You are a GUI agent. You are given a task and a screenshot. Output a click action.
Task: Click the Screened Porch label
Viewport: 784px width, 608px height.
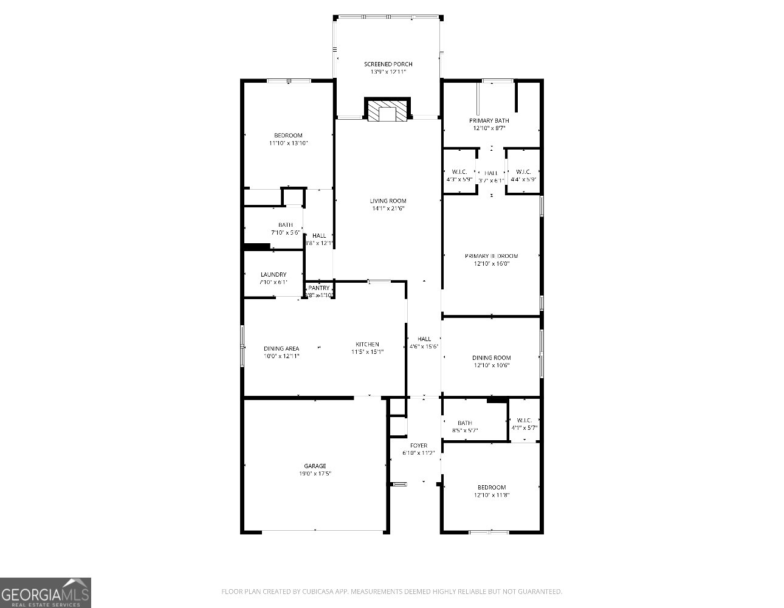(388, 64)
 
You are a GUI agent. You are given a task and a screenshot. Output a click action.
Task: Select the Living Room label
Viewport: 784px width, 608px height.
(388, 201)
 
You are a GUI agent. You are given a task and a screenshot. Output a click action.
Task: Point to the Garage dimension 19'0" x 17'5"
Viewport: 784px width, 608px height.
(315, 474)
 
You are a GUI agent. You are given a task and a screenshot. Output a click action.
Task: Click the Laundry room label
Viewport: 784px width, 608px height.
(273, 275)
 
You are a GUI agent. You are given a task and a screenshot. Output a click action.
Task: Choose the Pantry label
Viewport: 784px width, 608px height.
(319, 288)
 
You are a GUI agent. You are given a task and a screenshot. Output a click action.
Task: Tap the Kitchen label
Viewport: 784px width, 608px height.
(367, 345)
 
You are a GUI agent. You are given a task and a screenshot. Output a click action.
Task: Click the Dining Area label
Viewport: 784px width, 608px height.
(281, 348)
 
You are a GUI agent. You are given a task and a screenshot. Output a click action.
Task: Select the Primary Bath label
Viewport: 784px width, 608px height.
(489, 120)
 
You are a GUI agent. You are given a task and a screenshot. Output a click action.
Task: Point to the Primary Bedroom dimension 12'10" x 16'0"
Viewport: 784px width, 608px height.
(491, 264)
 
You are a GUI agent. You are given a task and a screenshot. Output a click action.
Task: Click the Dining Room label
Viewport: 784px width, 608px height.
(491, 358)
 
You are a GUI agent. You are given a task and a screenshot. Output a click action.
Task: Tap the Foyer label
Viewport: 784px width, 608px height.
(419, 446)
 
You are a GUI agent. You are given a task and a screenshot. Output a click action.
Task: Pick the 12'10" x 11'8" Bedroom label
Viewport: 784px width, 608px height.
(491, 488)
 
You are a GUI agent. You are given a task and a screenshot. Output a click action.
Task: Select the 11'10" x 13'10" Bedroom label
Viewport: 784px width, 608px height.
(288, 136)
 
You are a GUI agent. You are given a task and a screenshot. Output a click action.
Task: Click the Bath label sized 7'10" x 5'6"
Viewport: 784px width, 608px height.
(286, 225)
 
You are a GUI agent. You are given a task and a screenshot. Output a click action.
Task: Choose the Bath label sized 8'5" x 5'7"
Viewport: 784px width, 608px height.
(465, 423)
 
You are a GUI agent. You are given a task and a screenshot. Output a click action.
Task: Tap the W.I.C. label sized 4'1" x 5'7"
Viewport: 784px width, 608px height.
(524, 420)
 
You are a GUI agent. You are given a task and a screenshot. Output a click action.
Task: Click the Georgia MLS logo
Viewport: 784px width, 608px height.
(46, 593)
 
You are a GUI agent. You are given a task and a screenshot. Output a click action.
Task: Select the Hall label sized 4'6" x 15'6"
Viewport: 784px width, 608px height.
(424, 339)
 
